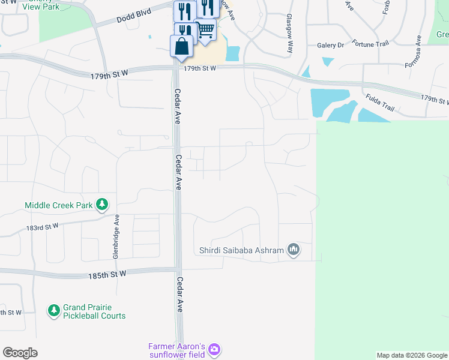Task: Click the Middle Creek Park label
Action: click(59, 205)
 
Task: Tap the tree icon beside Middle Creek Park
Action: click(103, 205)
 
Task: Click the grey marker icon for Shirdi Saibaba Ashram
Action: click(293, 249)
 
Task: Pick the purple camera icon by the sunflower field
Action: click(214, 349)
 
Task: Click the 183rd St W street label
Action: click(42, 227)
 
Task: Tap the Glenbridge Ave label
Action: click(117, 236)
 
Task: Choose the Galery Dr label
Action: click(331, 45)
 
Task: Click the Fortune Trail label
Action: click(370, 44)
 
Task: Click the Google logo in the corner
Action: click(20, 353)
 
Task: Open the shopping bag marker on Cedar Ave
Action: click(181, 46)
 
